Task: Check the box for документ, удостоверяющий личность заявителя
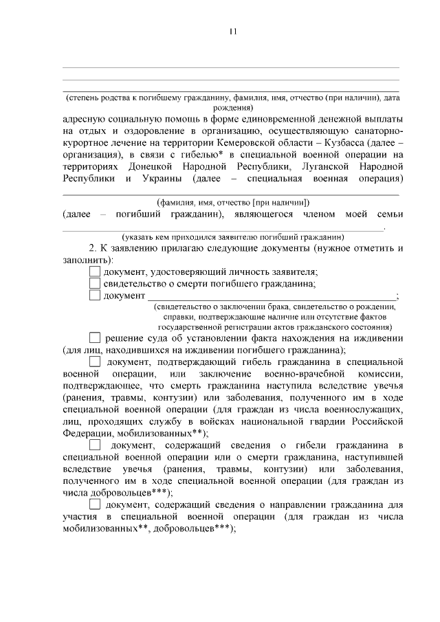pos(95,272)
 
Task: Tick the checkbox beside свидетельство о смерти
pos(95,284)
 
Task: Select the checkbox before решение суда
pos(95,337)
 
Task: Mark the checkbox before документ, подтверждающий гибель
pos(95,361)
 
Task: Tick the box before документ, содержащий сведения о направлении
pos(95,506)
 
